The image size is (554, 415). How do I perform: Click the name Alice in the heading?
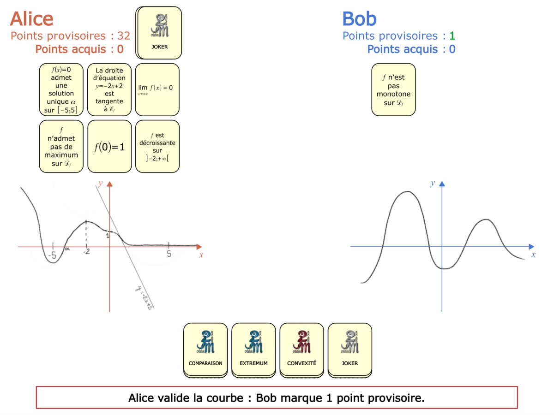[32, 19]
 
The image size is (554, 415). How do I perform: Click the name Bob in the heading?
[359, 19]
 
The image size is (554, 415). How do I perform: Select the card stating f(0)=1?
[109, 147]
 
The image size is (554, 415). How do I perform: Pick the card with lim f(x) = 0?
[157, 89]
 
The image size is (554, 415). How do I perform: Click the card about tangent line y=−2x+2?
[109, 89]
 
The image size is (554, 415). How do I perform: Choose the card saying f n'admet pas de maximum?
[61, 147]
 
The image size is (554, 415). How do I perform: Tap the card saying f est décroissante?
[157, 147]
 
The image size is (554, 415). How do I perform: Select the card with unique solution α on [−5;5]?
[61, 89]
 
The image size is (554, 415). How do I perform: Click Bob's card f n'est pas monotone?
[393, 89]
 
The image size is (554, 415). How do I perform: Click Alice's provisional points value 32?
[124, 36]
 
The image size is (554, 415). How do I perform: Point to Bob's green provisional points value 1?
[452, 36]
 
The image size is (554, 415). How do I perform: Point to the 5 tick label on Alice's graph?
[169, 254]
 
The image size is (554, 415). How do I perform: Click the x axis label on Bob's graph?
[533, 255]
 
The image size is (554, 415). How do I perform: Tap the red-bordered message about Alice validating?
[277, 397]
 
